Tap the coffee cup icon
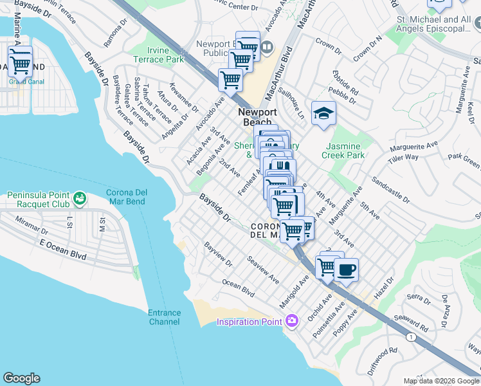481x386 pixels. point(346,270)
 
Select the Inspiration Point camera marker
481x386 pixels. point(292,320)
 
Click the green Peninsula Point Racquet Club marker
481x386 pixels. point(80,199)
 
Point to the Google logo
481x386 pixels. point(21,378)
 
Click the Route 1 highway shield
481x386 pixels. point(411,336)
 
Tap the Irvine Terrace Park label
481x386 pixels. point(158,55)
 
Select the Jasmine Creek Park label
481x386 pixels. point(345,151)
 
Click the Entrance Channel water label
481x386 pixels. point(165,317)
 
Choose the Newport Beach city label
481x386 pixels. point(257,116)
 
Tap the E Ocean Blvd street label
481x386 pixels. point(63,248)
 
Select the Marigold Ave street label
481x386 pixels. point(295,290)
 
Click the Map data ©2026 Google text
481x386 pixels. point(441,381)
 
